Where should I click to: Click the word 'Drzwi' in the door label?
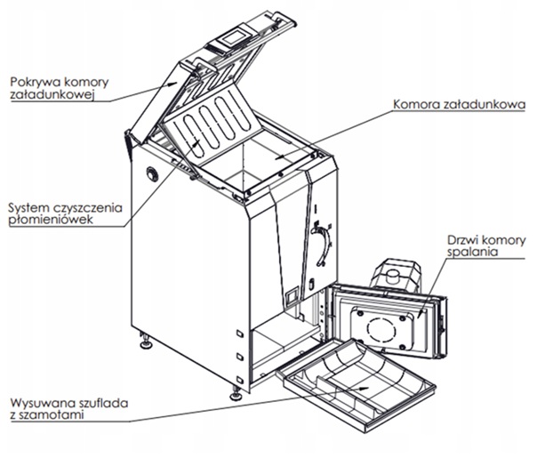click(457, 240)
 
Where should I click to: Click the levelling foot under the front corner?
click(236, 390)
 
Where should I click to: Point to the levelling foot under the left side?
click(143, 339)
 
